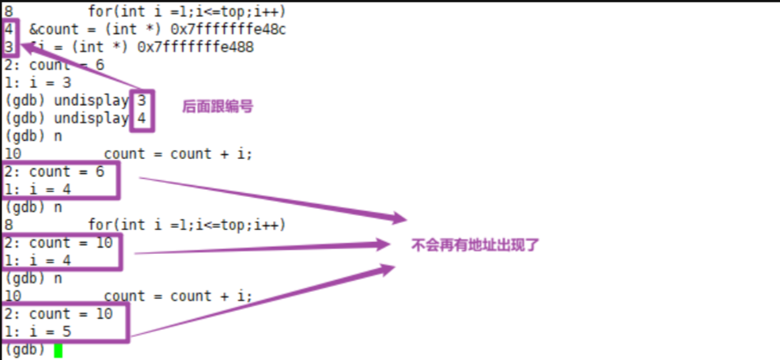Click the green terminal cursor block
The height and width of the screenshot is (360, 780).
[58, 349]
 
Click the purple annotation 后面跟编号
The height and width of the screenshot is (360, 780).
[218, 106]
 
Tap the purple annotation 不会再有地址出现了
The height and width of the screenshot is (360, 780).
[475, 245]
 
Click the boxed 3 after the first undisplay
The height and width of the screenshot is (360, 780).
[141, 100]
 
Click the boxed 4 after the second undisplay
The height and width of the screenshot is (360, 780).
[141, 119]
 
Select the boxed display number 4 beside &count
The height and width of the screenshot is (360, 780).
[9, 29]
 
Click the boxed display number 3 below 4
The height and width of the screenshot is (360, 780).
[9, 47]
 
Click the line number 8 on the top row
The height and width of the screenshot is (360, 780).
[9, 12]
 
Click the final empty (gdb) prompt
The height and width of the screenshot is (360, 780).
[25, 349]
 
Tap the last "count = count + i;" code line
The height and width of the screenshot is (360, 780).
[178, 296]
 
